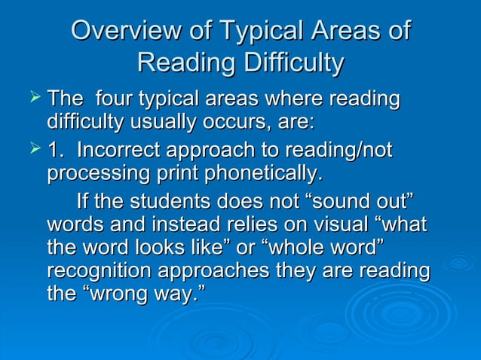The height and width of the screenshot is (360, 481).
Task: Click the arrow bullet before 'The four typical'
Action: [x=32, y=98]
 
